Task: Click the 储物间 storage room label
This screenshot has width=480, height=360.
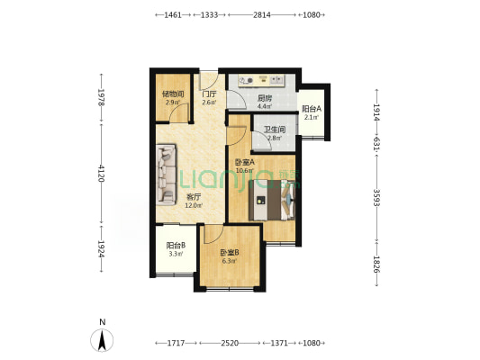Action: click(173, 94)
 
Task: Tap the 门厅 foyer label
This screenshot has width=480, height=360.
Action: click(210, 94)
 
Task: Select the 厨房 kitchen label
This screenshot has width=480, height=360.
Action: click(265, 98)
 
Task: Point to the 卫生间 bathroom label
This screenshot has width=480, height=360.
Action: click(275, 130)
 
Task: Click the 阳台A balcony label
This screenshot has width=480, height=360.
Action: click(312, 109)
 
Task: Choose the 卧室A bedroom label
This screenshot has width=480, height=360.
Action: click(245, 162)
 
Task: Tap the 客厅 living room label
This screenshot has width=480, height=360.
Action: click(194, 197)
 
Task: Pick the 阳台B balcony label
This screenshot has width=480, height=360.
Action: click(176, 246)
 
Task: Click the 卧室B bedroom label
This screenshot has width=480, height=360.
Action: click(230, 253)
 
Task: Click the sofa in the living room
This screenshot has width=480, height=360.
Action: click(166, 175)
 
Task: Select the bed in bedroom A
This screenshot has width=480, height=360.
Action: click(272, 200)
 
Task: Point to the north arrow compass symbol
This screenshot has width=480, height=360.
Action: click(102, 340)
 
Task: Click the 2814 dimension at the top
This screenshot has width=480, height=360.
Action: click(262, 14)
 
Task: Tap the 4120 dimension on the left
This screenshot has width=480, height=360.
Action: click(102, 174)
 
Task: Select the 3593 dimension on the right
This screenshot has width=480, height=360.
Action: click(376, 198)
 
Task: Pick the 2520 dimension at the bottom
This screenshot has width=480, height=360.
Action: click(230, 343)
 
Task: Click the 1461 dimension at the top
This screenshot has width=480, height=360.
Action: click(173, 14)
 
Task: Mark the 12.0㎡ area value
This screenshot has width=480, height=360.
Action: click(194, 205)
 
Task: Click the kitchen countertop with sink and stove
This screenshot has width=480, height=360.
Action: click(262, 80)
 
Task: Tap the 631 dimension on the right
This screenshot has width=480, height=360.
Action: click(376, 143)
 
